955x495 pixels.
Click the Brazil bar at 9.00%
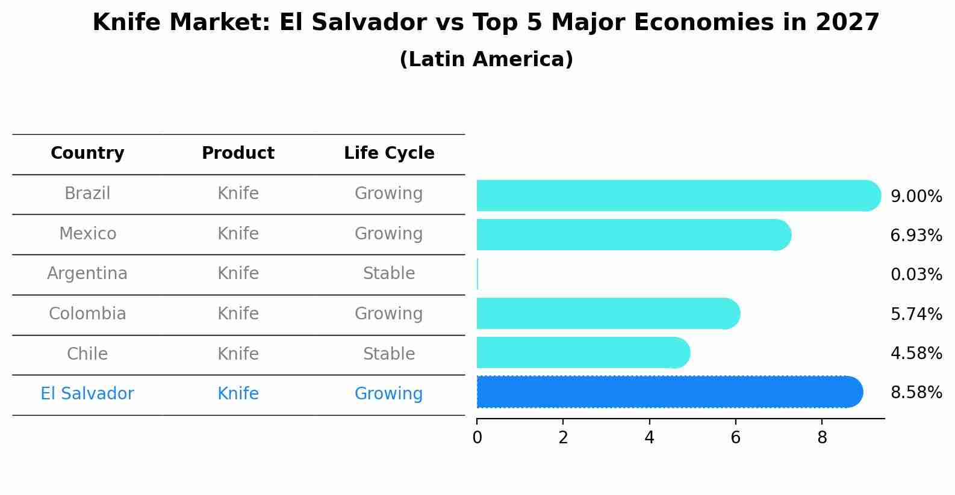click(x=674, y=195)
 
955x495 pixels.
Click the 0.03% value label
click(x=916, y=275)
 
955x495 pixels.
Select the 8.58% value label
click(x=916, y=393)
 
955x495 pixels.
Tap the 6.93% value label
click(x=916, y=236)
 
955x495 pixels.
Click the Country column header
click(x=87, y=153)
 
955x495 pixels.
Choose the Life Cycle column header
click(x=389, y=153)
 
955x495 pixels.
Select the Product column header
click(x=238, y=153)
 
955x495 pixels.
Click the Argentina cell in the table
click(x=87, y=274)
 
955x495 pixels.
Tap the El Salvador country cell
click(x=87, y=394)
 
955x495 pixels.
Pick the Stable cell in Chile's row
click(x=389, y=354)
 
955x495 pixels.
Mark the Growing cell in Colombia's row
click(x=389, y=313)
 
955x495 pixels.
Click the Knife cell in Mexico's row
click(x=238, y=233)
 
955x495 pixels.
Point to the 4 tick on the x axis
click(x=649, y=437)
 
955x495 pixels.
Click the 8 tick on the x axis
click(x=822, y=437)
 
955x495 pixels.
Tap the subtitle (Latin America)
click(x=486, y=60)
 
